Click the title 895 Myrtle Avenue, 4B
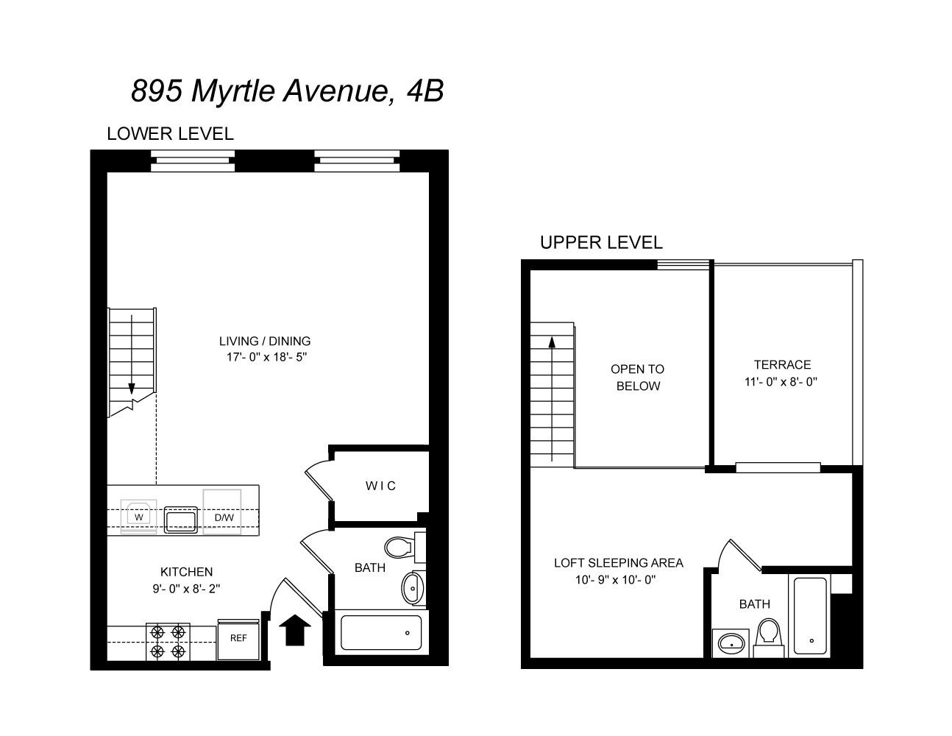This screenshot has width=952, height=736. [x=287, y=91]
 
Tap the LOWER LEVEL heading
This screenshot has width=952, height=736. [x=170, y=134]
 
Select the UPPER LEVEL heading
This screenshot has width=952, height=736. [x=601, y=242]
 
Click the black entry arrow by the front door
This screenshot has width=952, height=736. [x=295, y=630]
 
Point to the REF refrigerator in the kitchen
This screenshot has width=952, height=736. [x=238, y=639]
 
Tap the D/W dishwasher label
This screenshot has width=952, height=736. [x=224, y=517]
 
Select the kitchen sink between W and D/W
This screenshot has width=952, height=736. [x=180, y=520]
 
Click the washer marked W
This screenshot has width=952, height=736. [x=138, y=517]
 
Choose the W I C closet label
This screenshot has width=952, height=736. [x=380, y=486]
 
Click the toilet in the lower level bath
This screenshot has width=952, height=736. [x=399, y=548]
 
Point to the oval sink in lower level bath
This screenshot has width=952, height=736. [x=413, y=588]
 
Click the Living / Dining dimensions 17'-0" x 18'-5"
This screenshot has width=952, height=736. [x=265, y=358]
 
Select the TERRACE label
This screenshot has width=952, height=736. [x=782, y=364]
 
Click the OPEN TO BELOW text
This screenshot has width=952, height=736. [x=637, y=378]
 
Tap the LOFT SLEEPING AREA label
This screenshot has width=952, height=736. [x=618, y=563]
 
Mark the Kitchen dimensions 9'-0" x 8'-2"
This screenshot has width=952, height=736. [x=186, y=589]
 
